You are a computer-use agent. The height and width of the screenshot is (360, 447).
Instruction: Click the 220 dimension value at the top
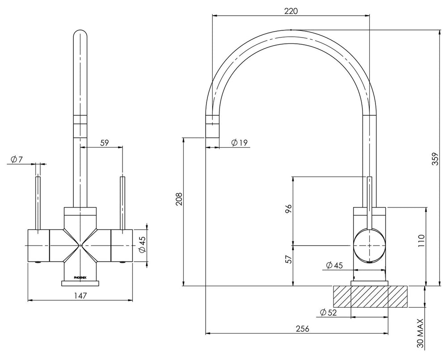(291, 11)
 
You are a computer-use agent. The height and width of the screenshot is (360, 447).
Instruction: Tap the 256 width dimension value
(302, 329)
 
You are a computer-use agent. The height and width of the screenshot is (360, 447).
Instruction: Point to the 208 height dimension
(179, 199)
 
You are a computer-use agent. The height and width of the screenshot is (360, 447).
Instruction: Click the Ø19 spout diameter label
(240, 142)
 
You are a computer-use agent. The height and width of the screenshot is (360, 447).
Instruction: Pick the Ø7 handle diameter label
(17, 160)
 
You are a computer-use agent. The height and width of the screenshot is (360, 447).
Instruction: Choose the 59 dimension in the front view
(105, 143)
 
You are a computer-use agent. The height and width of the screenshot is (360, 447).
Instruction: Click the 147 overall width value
(80, 296)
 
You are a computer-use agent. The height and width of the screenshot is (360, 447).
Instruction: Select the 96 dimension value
(289, 210)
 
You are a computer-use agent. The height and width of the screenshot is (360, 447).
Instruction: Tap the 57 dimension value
(289, 259)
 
